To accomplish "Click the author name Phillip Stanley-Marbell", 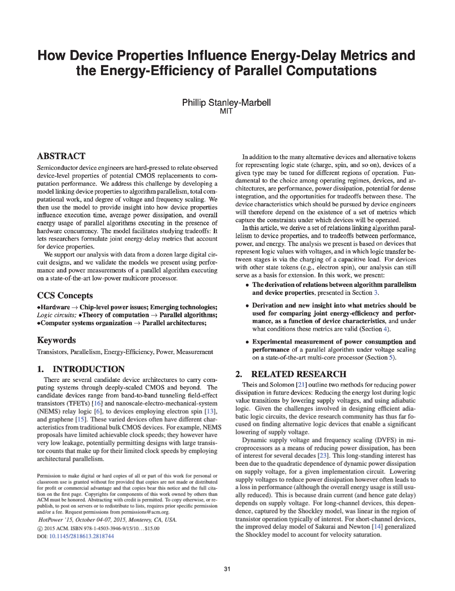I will click(226, 103).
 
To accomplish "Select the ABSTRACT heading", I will click(61, 156).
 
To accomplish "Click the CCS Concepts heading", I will click(65, 295).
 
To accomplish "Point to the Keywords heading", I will click(56, 340).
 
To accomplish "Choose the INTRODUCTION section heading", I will click(81, 369).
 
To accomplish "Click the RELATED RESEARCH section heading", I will click(291, 374).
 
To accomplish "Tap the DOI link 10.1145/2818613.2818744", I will click(81, 536).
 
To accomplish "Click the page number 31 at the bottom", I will click(227, 569).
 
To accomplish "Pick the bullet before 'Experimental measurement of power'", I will click(247, 342).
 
